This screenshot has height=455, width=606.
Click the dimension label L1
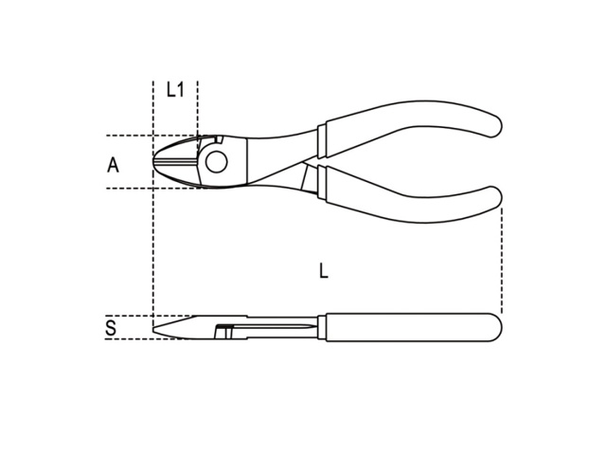(175, 89)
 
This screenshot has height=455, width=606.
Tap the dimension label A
(113, 165)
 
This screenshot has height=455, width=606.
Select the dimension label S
(111, 328)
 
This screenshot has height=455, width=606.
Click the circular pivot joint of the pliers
(217, 162)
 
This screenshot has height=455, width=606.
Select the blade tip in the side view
(154, 330)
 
